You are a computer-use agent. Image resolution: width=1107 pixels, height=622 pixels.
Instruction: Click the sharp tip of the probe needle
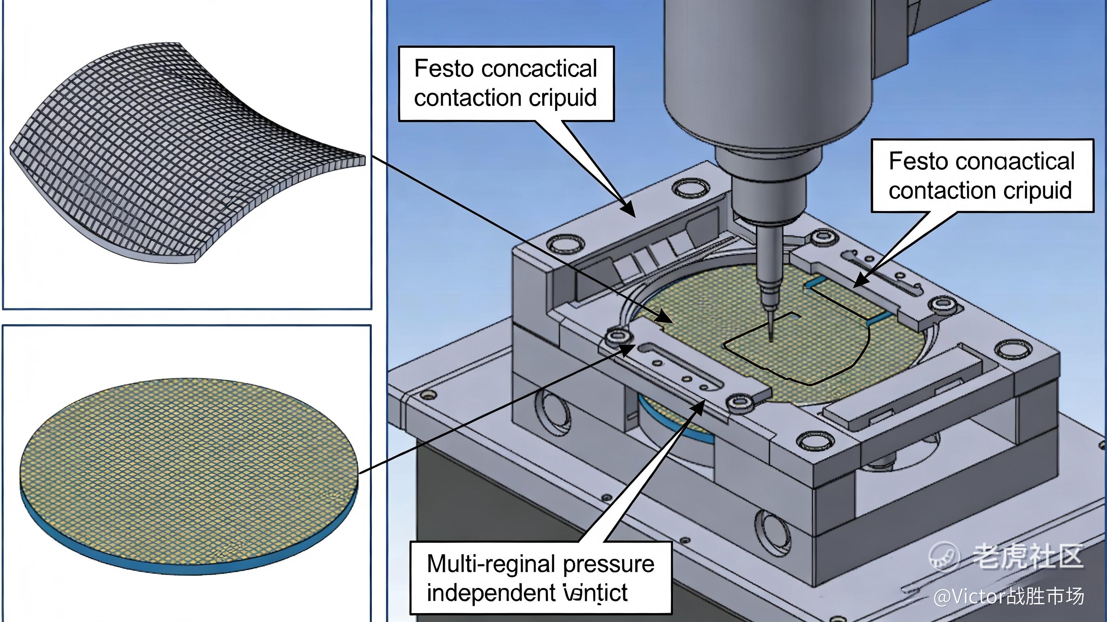coord(770,340)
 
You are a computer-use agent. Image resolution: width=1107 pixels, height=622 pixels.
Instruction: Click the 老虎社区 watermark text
coord(1027,556)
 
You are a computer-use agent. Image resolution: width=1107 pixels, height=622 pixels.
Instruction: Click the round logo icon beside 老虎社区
coord(944,556)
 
